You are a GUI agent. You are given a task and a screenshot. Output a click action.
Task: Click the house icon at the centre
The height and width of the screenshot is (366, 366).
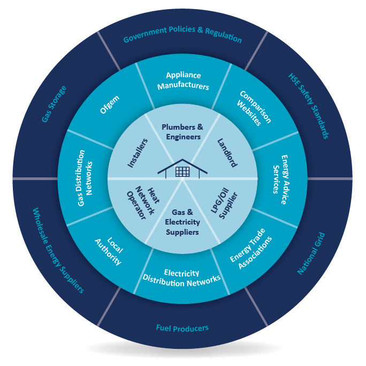point(182,169)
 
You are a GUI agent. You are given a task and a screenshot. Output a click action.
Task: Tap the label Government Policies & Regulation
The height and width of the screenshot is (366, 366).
point(182,35)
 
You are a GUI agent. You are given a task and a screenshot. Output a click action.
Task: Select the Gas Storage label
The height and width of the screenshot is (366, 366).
point(54,104)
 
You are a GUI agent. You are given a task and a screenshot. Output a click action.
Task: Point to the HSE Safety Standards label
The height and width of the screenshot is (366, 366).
point(309,106)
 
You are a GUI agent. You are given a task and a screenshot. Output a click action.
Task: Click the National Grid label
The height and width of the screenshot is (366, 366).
point(311,253)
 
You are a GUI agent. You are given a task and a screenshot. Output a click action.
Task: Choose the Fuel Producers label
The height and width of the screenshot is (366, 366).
point(182,328)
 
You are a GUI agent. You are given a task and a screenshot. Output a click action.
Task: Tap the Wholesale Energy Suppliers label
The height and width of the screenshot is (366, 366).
point(58,250)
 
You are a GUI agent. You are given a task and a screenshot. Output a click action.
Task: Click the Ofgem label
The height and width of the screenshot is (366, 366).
point(110,104)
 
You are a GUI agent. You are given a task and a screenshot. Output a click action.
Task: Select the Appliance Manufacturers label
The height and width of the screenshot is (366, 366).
point(183,80)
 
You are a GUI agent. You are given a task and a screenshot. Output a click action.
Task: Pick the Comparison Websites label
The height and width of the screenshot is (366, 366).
point(254,108)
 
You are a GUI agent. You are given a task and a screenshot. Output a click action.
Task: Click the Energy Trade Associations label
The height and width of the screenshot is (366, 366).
point(251,249)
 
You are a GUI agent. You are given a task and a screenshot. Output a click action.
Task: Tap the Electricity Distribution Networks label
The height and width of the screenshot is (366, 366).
point(181,278)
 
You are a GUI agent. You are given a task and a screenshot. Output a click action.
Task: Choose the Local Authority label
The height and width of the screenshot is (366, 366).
point(109,251)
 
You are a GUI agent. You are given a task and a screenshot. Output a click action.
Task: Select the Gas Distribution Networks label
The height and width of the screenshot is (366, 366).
point(85,178)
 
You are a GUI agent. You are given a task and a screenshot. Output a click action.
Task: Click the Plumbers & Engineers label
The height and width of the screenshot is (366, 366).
point(182,132)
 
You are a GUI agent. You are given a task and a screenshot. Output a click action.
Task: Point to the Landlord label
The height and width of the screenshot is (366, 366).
point(227,153)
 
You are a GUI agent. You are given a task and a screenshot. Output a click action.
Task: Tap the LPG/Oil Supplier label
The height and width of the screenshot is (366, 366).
point(224,203)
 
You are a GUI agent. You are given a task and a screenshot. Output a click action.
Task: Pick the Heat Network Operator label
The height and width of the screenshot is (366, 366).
point(143,203)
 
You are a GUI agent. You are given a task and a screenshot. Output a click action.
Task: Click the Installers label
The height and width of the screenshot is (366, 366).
point(138,153)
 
